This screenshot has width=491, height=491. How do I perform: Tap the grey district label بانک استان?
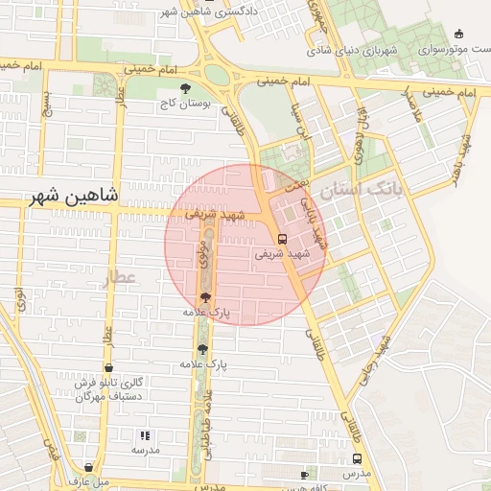coord(363,191)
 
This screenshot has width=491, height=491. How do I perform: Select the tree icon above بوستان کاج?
coord(185,88)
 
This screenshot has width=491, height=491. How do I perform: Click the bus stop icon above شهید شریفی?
coord(281,239)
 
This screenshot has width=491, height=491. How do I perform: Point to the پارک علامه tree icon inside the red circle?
coord(205,298)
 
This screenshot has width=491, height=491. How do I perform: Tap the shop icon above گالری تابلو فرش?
coord(108,368)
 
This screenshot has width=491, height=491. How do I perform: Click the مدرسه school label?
coord(145,449)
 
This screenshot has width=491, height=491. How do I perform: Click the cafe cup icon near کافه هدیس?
coord(304,475)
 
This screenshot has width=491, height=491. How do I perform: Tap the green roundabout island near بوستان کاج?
coord(217,74)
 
